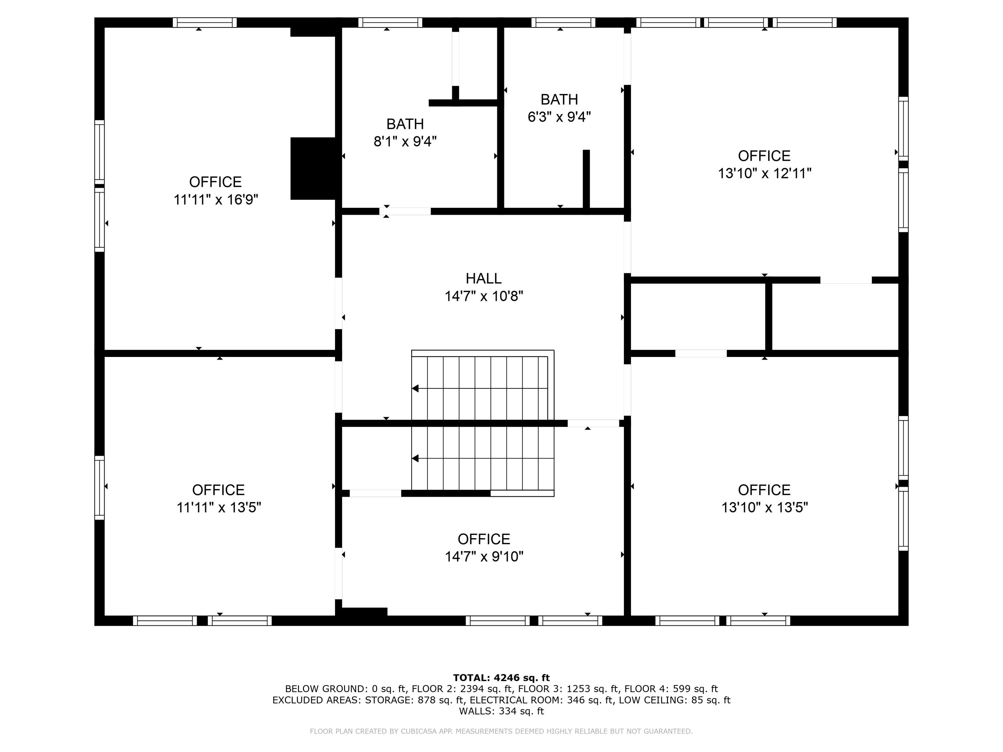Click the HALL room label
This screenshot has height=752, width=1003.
[483, 278]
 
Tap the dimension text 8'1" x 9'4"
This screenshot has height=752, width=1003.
[405, 141]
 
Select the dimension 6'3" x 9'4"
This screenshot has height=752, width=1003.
[559, 117]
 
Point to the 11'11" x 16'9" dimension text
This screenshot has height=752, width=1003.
[216, 200]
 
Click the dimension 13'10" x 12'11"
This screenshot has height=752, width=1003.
[765, 173]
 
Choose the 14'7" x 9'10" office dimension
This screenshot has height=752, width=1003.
[484, 556]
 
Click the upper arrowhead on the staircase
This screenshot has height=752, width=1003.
[415, 388]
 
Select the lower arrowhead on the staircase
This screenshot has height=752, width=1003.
[415, 459]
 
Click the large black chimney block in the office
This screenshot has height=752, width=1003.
[313, 168]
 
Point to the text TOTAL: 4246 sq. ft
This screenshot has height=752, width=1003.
[501, 678]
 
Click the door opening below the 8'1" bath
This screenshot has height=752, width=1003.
[405, 211]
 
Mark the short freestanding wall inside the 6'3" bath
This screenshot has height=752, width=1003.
[586, 179]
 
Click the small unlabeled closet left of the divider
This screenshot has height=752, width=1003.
[697, 317]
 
